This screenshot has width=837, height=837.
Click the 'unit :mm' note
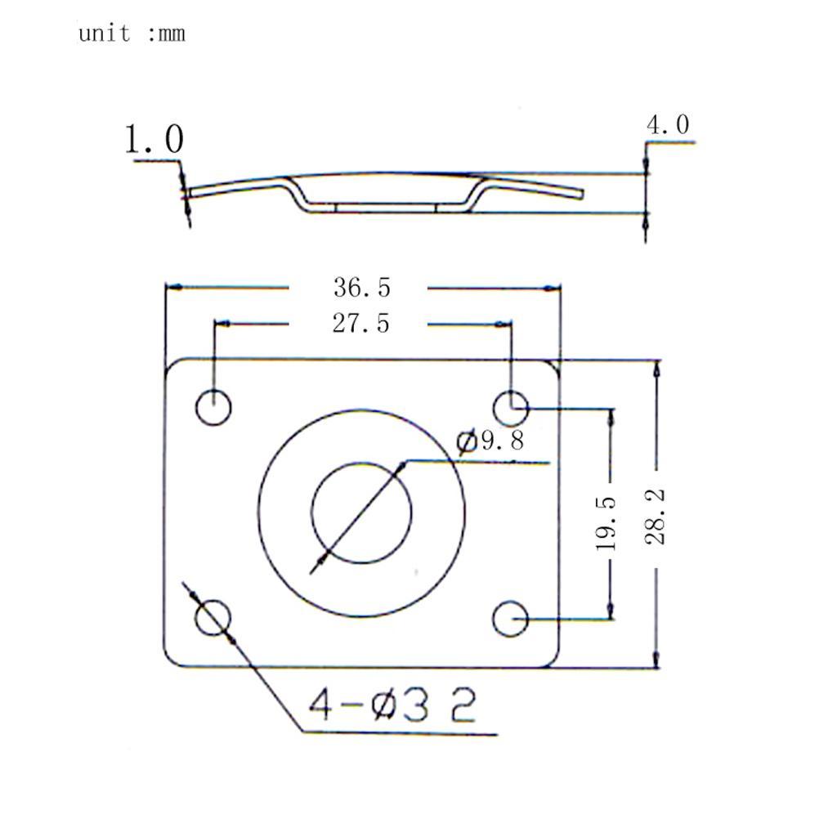pos(132,34)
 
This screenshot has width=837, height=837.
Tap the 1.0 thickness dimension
pos(154,139)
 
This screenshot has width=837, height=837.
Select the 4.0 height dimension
pos(668,125)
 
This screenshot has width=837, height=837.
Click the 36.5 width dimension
pos(361,288)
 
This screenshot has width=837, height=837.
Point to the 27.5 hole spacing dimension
pos(360,324)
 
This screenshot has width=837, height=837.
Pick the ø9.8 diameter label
pos(490,441)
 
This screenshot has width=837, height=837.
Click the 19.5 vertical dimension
pos(606,523)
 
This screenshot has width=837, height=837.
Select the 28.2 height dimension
pos(656,517)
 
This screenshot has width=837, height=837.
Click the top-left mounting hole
pos(213,407)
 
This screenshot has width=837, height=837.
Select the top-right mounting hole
pos(511,405)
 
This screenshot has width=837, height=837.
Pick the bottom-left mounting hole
pos(213,618)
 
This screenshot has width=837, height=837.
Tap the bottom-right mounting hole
pos(510,619)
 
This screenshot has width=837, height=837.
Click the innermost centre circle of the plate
pos(361,512)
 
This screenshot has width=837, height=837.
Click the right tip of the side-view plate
pos(581,193)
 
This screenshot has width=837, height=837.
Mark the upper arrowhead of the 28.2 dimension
pos(656,367)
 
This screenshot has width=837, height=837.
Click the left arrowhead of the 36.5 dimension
pos(172,288)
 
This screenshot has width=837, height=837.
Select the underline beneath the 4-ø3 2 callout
pos(401,733)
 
